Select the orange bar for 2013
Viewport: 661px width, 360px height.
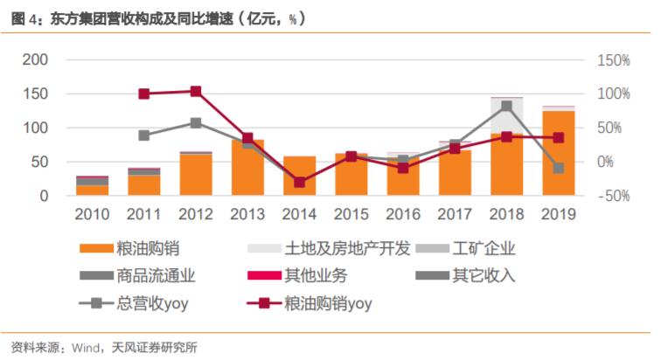click(247, 168)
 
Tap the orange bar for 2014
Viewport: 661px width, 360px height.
click(299, 176)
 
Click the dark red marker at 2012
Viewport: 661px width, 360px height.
click(196, 91)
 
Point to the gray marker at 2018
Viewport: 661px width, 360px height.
click(506, 106)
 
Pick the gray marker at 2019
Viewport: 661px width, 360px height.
click(558, 168)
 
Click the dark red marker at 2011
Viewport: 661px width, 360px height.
click(144, 93)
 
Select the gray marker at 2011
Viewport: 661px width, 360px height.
click(144, 135)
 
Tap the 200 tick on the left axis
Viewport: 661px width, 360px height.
click(35, 60)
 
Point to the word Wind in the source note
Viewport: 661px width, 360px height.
click(86, 347)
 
